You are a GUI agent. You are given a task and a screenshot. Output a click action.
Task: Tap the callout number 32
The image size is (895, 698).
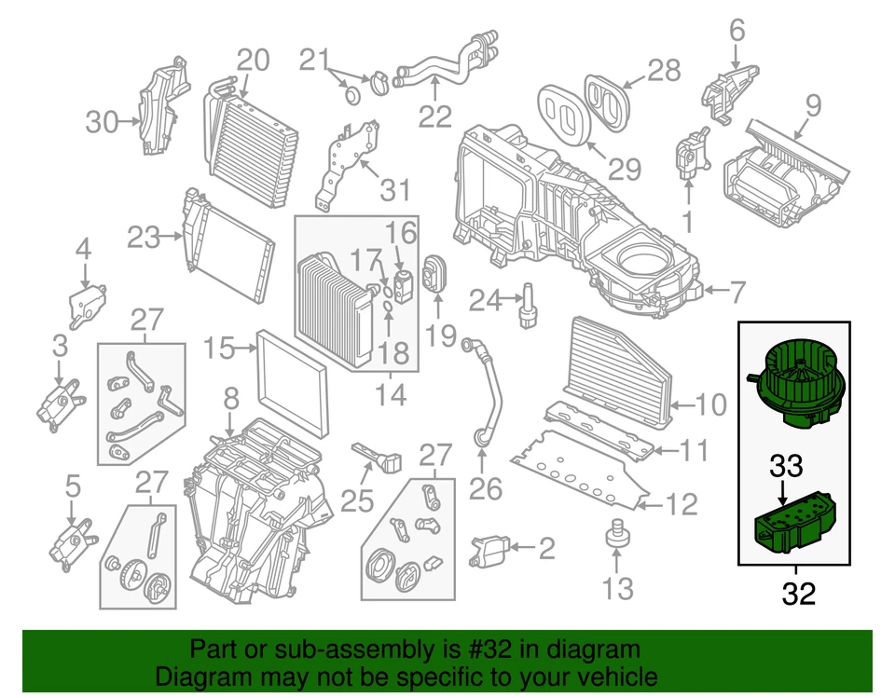[x=798, y=595]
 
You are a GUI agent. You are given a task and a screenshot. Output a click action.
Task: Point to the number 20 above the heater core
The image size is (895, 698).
[x=252, y=61]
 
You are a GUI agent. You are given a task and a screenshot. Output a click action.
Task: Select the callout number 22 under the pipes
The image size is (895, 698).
[x=435, y=116]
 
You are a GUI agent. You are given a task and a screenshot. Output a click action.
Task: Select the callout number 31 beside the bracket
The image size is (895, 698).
[x=395, y=191]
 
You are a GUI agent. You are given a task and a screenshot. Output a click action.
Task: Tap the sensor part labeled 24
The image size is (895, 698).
[x=528, y=304]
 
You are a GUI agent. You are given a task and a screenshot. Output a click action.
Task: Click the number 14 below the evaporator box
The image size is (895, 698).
[x=392, y=396]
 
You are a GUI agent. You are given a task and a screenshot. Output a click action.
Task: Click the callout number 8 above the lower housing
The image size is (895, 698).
[x=230, y=401]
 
